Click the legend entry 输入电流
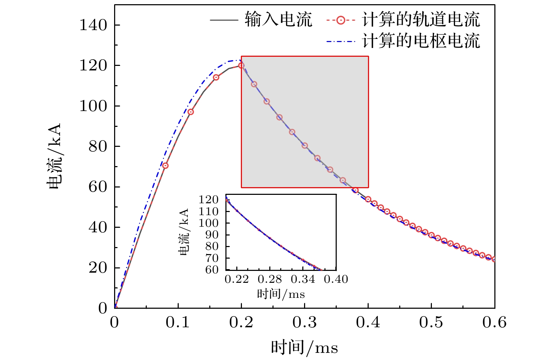click(x=278, y=19)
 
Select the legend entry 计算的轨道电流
click(x=421, y=19)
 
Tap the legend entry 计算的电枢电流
click(x=421, y=41)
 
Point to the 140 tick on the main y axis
click(x=93, y=25)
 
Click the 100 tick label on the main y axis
click(x=93, y=106)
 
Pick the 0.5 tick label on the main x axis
click(x=431, y=322)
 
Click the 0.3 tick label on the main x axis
click(x=304, y=322)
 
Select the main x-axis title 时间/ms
click(x=304, y=348)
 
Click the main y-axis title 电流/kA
click(x=54, y=156)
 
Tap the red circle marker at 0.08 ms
click(x=165, y=165)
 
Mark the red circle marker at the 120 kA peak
click(x=241, y=66)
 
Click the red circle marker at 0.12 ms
click(x=191, y=112)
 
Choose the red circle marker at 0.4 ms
click(x=368, y=199)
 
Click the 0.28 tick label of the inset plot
click(x=270, y=279)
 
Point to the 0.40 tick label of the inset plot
click(x=336, y=279)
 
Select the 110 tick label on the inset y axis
click(x=209, y=211)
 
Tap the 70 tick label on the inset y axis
click(x=212, y=258)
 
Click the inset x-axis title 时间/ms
click(x=281, y=294)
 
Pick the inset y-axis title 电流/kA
click(x=184, y=232)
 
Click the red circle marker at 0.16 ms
click(x=216, y=77)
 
